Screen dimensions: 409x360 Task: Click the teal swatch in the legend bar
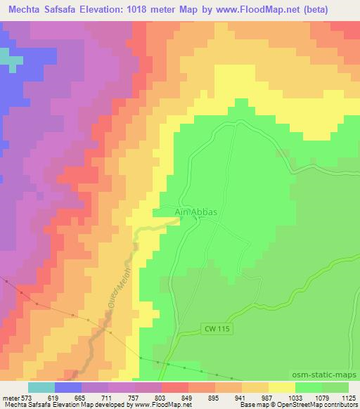pyautogui.click(x=41, y=387)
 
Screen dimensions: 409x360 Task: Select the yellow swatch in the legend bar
pyautogui.click(x=282, y=387)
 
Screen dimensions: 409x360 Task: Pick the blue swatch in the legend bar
pyautogui.click(x=68, y=387)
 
